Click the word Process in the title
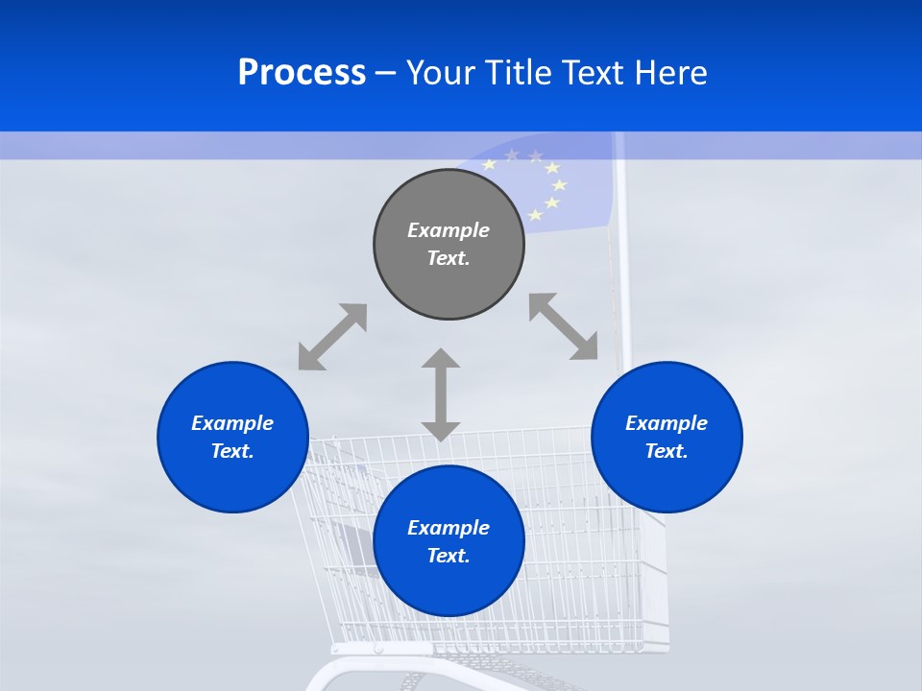click(302, 73)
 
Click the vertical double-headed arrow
click(441, 394)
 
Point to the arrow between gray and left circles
click(332, 337)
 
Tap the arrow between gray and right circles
click(564, 327)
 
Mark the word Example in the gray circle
click(449, 230)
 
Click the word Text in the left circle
click(232, 451)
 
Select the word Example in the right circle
click(667, 423)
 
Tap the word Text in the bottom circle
click(449, 556)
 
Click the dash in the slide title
click(385, 74)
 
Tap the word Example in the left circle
click(232, 423)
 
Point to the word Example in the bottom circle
click(449, 528)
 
